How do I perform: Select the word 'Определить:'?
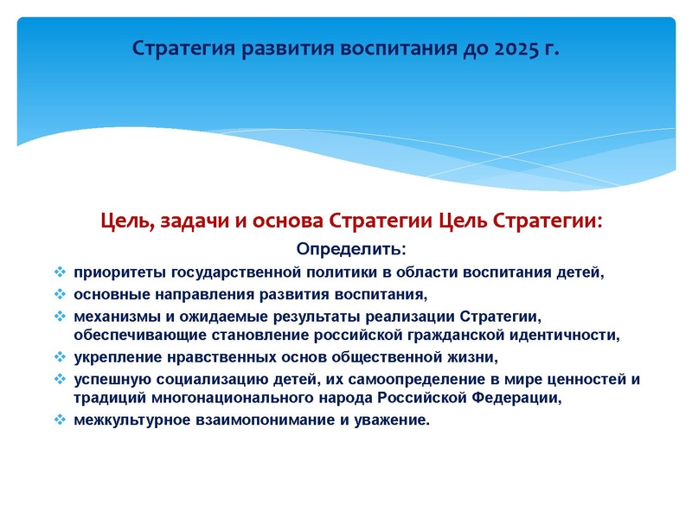click(x=350, y=250)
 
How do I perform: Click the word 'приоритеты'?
click(x=110, y=272)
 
